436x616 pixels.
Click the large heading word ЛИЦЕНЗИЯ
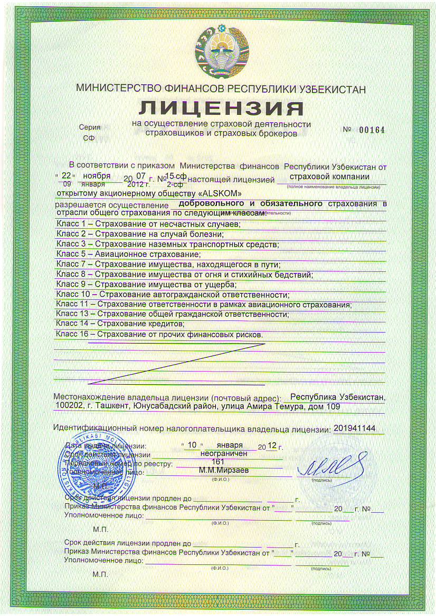pyautogui.click(x=221, y=107)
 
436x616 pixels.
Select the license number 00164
pyautogui.click(x=372, y=130)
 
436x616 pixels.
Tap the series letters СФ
pyautogui.click(x=88, y=138)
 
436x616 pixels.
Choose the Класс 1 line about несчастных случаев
pyautogui.click(x=148, y=224)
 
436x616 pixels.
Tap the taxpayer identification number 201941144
pyautogui.click(x=355, y=428)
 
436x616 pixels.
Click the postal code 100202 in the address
pyautogui.click(x=69, y=407)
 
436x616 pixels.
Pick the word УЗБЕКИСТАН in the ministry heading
pyautogui.click(x=330, y=89)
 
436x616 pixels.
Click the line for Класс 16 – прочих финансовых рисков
pyautogui.click(x=159, y=334)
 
